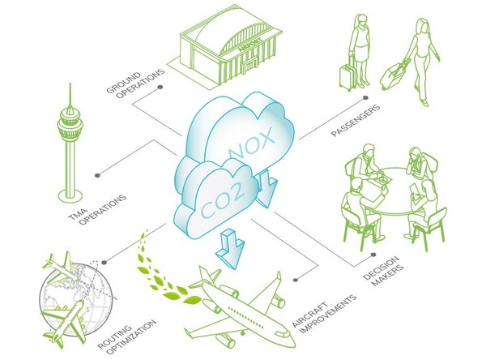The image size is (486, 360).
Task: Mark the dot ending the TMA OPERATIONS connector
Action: click(x=97, y=174)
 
